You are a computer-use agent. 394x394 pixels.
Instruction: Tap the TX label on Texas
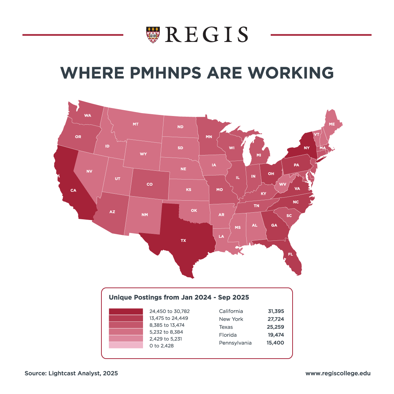coord(184,240)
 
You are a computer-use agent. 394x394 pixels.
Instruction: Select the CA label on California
coord(73,190)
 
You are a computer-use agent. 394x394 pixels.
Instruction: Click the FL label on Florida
coord(290,254)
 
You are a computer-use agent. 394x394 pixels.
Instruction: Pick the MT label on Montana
coord(136,124)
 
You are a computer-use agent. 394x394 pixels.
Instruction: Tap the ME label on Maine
coord(332,124)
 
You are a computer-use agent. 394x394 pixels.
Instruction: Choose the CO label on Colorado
coord(150,184)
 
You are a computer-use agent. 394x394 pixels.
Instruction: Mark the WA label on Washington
coord(88,115)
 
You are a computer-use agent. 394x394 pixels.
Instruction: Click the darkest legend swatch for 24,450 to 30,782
coord(126,311)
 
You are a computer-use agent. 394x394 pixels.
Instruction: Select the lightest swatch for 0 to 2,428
coord(126,345)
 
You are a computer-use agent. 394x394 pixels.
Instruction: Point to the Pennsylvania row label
coord(235,343)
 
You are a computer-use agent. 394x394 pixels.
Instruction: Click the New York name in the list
coord(231,319)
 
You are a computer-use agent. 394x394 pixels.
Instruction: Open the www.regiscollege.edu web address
coord(338,373)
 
